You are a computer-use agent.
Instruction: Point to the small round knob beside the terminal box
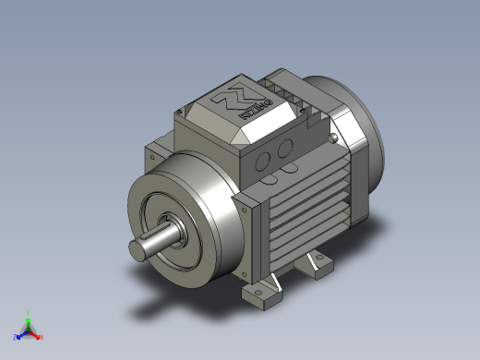point(331,138)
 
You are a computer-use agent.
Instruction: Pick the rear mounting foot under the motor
point(316,266)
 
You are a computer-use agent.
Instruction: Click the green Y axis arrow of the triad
point(28,319)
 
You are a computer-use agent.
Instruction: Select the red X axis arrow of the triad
point(35,334)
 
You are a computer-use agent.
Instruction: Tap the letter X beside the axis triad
point(42,337)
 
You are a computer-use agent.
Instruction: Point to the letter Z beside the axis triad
point(15,338)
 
